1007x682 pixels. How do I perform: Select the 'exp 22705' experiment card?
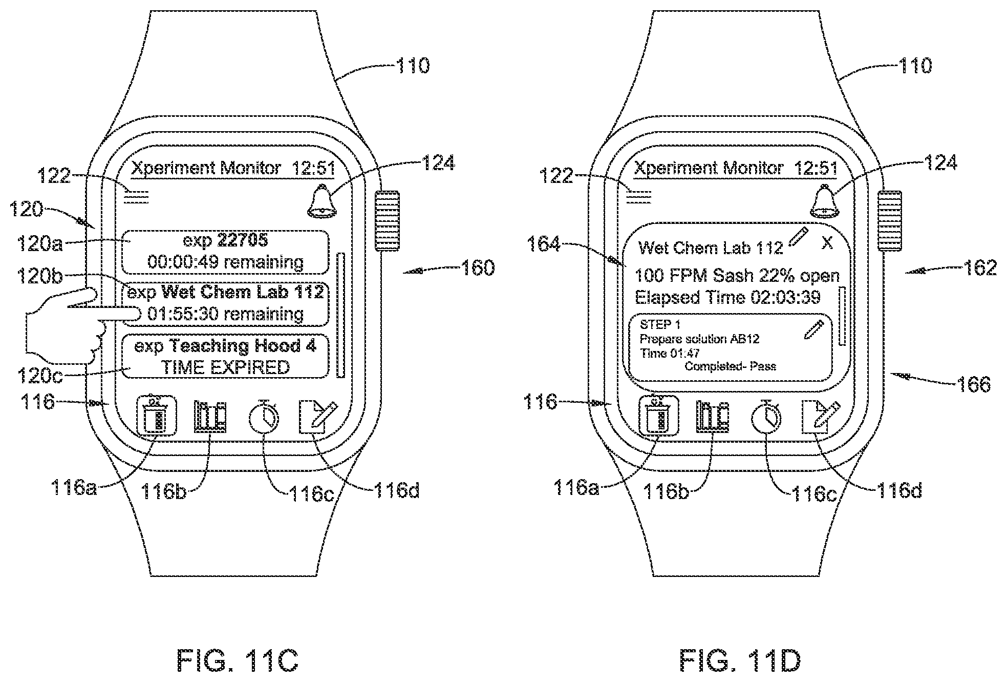(x=225, y=252)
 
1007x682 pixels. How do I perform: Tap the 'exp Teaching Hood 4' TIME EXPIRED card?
(x=225, y=357)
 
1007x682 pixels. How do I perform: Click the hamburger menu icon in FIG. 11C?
(x=137, y=197)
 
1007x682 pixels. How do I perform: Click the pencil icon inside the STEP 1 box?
(x=814, y=329)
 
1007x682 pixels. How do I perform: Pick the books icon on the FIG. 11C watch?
(x=210, y=416)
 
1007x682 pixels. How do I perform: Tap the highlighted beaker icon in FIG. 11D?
(x=659, y=416)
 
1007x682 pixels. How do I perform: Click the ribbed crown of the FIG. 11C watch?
(x=388, y=221)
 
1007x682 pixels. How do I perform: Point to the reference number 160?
(x=477, y=268)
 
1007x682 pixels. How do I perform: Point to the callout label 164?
(x=544, y=245)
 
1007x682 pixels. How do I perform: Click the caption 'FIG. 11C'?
(x=238, y=660)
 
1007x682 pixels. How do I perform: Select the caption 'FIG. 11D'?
(x=740, y=660)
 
